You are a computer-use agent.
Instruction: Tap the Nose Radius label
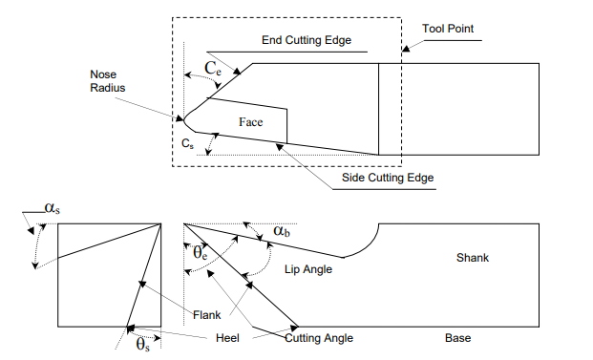[x=108, y=80]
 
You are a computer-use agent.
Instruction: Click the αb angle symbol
[x=282, y=231]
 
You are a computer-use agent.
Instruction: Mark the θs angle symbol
[x=141, y=342]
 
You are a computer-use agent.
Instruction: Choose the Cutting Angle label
[x=320, y=338]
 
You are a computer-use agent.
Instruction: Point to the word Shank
[x=472, y=258]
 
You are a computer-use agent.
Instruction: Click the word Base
[x=457, y=338]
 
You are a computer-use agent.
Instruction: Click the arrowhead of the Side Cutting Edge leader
[x=277, y=145]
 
